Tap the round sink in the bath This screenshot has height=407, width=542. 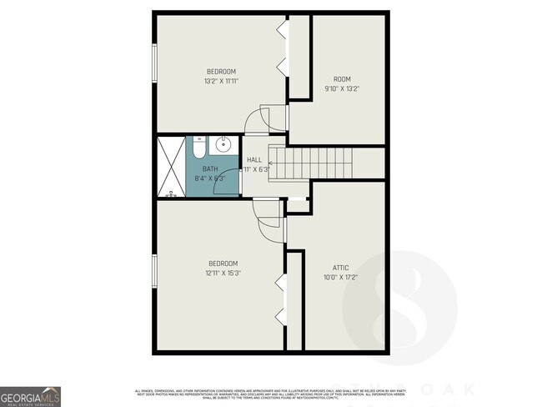[223, 145]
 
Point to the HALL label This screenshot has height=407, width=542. [254, 159]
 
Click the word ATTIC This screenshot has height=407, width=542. [340, 268]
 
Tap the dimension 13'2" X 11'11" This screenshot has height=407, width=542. [222, 82]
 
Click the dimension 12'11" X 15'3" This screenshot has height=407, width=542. [223, 273]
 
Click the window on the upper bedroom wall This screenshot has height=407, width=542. [154, 63]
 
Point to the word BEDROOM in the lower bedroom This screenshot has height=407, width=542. [223, 264]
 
